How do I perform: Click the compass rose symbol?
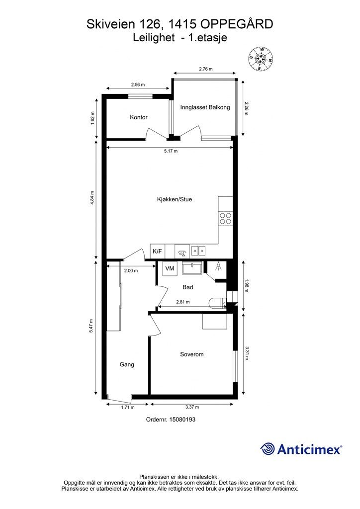coord(261,59)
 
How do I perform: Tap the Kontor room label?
coord(139,117)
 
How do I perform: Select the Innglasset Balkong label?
coord(205,107)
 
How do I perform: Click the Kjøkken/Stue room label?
coord(175,199)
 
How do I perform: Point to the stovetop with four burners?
coord(226,218)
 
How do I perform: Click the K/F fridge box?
coord(158,251)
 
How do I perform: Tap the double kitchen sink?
coord(198,251)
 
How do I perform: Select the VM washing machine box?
coord(170,268)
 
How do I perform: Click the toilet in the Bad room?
coord(218,303)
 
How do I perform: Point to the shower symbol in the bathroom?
coord(218,266)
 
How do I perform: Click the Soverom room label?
coord(192,354)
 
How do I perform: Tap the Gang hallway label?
coord(127,364)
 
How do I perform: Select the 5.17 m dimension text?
coord(171,151)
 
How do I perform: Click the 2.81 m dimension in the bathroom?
coord(183,302)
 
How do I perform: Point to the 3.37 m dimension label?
coord(192,407)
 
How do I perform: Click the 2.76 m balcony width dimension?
coord(206,69)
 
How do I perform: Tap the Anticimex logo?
coord(301,449)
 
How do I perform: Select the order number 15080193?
coord(171,420)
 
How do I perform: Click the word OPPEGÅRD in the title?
coord(237,24)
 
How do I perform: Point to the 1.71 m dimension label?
coord(128,407)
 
